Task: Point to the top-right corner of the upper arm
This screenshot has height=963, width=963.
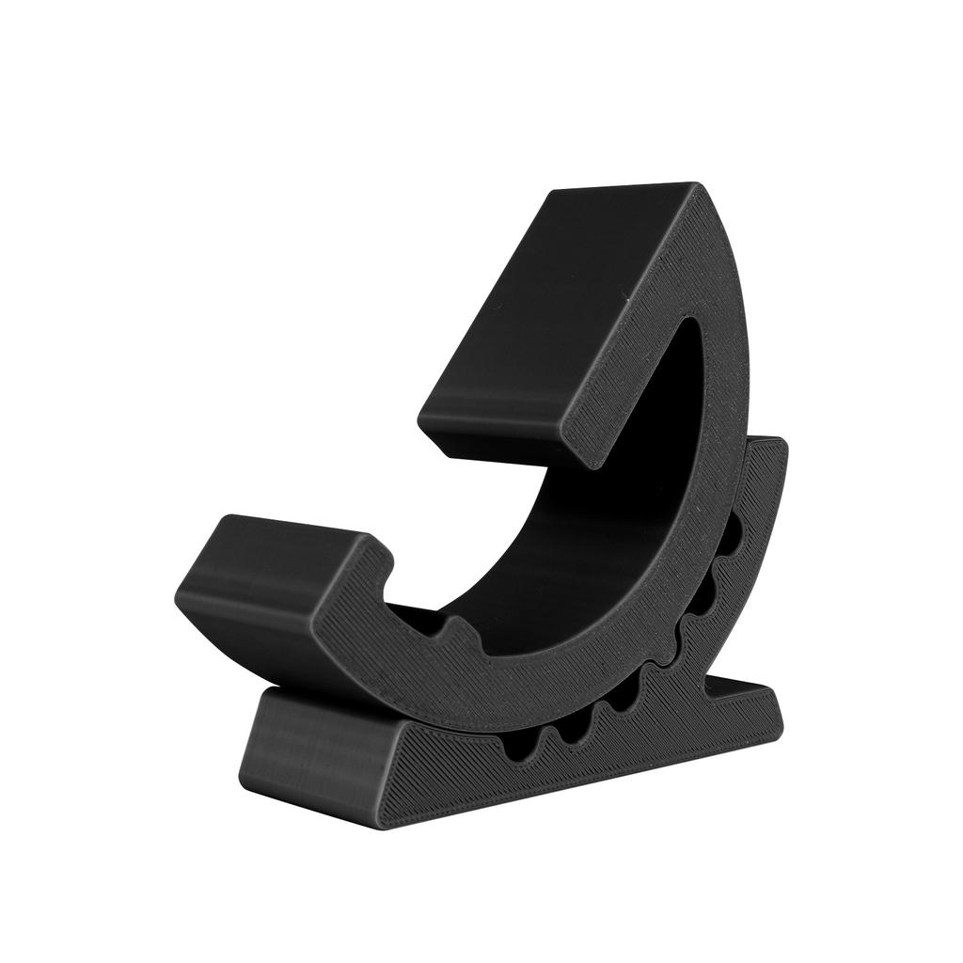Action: [696, 185]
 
